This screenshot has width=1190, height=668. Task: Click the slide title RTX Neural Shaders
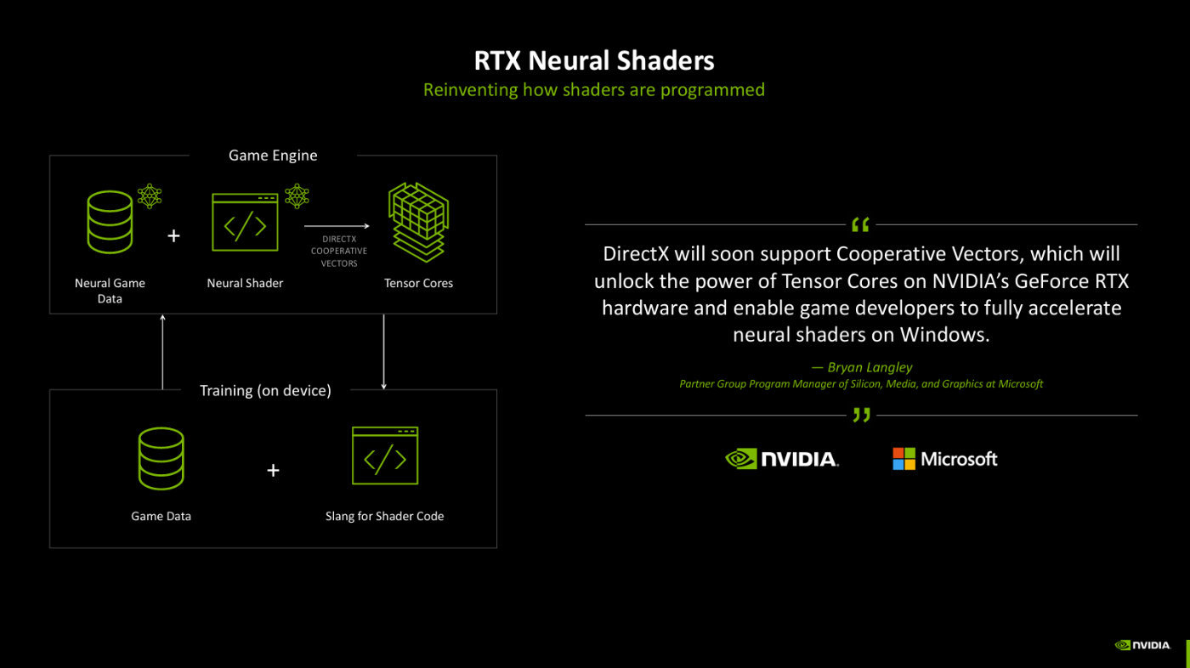[594, 60]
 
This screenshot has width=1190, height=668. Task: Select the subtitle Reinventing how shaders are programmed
[594, 89]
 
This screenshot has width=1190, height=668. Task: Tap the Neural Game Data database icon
[110, 223]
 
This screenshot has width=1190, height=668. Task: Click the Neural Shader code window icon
[245, 223]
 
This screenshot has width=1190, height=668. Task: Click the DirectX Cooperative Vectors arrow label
[339, 251]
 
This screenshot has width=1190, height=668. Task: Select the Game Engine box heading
[273, 156]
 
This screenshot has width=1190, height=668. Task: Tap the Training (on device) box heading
[265, 390]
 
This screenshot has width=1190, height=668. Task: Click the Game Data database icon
[161, 459]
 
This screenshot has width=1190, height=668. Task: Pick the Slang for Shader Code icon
[385, 456]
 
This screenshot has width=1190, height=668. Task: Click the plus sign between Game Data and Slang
[273, 470]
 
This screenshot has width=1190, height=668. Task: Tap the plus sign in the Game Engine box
[173, 235]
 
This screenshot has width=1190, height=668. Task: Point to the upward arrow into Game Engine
[162, 351]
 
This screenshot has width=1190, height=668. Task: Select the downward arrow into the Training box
[384, 351]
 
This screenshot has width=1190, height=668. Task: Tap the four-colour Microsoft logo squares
[904, 459]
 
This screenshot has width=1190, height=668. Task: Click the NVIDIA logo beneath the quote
[782, 459]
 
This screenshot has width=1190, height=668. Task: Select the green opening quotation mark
[860, 224]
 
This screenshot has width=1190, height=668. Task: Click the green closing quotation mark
[861, 416]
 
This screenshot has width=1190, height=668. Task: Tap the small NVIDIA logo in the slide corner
[1143, 645]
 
